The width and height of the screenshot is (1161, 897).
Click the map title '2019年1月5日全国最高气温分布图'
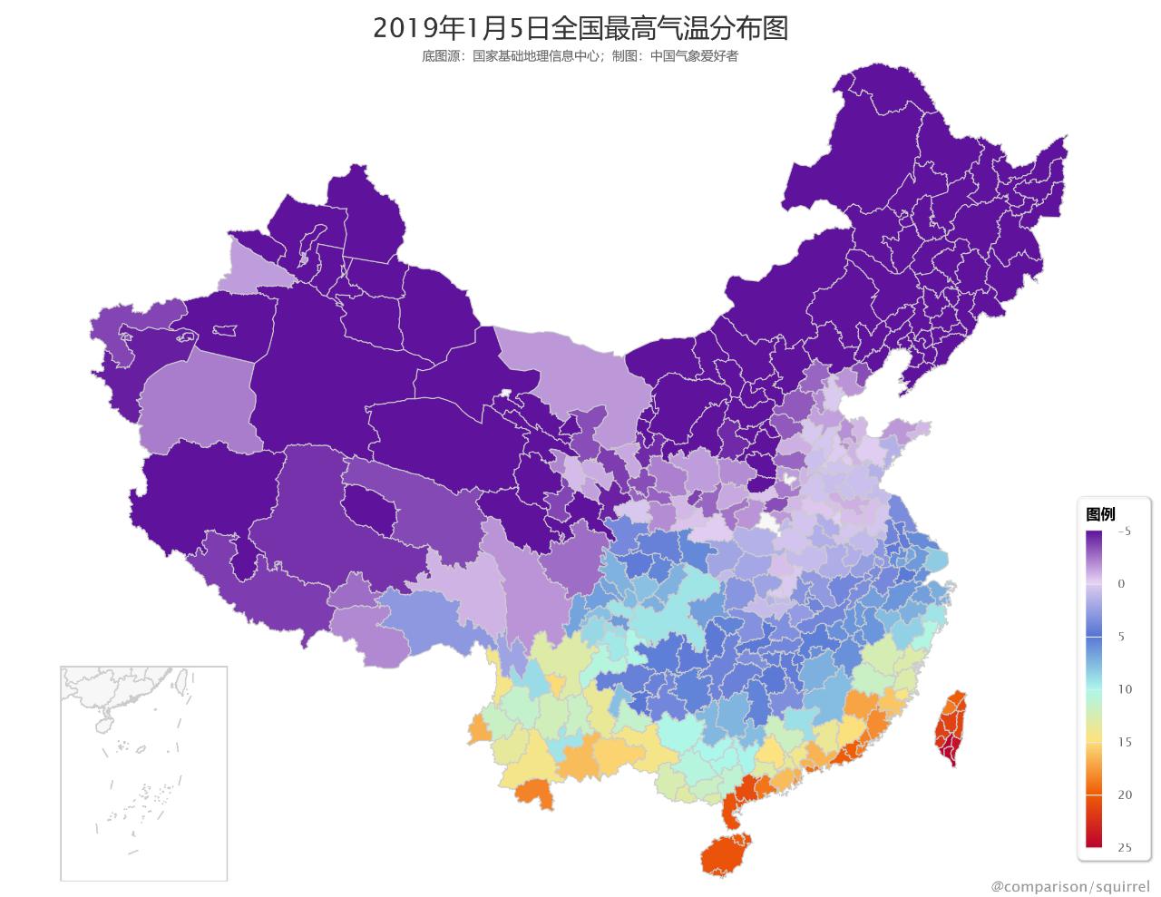pyautogui.click(x=580, y=28)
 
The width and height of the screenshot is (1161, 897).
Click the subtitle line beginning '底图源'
pyautogui.click(x=580, y=56)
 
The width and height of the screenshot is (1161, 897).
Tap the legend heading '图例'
pyautogui.click(x=1100, y=514)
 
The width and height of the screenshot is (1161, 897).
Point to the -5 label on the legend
pyautogui.click(x=1123, y=531)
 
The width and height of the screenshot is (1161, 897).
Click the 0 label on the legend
pyautogui.click(x=1122, y=584)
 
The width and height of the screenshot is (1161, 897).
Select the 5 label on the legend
pyautogui.click(x=1122, y=637)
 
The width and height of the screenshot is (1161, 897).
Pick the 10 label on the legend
pyautogui.click(x=1125, y=689)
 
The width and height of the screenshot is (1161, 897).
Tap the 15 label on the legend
pyautogui.click(x=1125, y=742)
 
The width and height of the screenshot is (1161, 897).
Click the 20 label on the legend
pyautogui.click(x=1125, y=795)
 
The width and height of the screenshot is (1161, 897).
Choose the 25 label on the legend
pyautogui.click(x=1125, y=848)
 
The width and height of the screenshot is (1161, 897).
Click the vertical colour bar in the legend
pyautogui.click(x=1094, y=689)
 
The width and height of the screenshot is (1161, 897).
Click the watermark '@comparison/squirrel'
pyautogui.click(x=1069, y=885)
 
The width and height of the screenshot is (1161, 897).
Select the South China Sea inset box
pyautogui.click(x=143, y=773)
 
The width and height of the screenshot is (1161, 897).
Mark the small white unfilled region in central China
pyautogui.click(x=770, y=522)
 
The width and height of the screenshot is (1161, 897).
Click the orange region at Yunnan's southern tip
pyautogui.click(x=530, y=795)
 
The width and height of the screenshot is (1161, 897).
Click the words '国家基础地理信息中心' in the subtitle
pyautogui.click(x=535, y=56)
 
